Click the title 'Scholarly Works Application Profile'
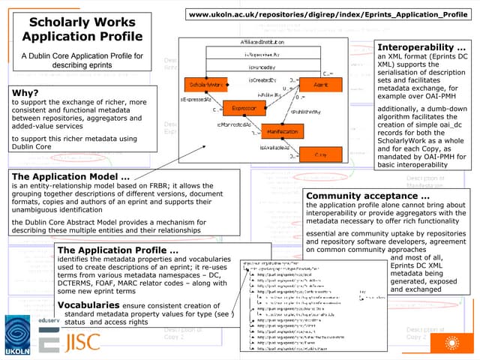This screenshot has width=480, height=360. (x=82, y=29)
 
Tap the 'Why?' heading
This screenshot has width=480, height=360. (x=25, y=93)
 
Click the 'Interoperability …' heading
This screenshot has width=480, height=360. (x=421, y=46)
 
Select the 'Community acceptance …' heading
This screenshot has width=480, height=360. (x=367, y=196)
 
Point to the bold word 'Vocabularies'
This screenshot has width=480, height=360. (x=88, y=306)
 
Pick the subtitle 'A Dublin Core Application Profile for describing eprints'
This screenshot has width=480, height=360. (x=82, y=60)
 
